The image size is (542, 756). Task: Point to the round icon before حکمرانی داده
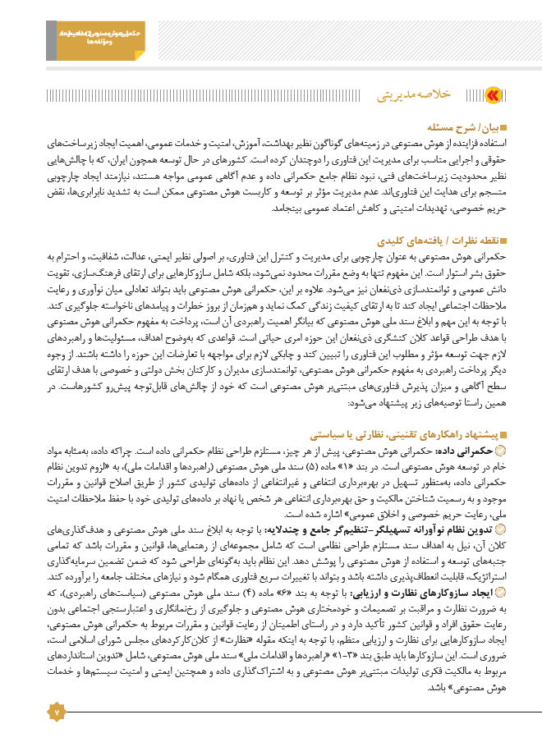(x=503, y=451)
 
